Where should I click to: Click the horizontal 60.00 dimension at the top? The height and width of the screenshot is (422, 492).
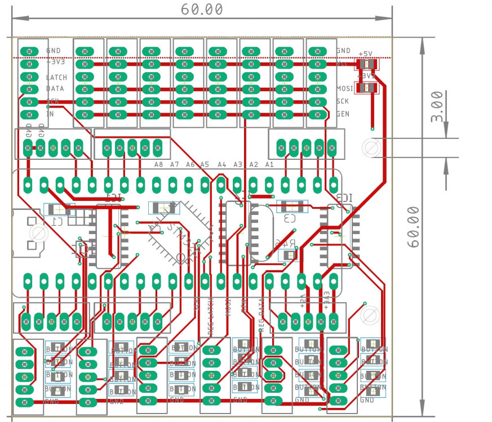[x=202, y=10]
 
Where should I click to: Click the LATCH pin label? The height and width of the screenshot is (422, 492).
[x=56, y=78]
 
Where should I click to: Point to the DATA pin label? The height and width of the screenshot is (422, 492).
[x=55, y=89]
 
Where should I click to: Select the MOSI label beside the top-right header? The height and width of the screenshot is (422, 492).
[x=344, y=89]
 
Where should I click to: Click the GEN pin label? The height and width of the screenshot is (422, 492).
[x=343, y=114]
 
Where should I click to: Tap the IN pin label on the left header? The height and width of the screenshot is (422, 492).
[x=50, y=114]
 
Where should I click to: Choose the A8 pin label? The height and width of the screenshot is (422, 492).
[x=158, y=165]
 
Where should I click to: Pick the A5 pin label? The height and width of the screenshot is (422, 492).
[x=205, y=165]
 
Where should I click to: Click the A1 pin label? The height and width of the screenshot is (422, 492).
[x=269, y=165]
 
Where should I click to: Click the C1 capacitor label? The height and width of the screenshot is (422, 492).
[x=57, y=221]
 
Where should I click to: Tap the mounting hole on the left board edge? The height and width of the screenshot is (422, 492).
[x=38, y=233]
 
